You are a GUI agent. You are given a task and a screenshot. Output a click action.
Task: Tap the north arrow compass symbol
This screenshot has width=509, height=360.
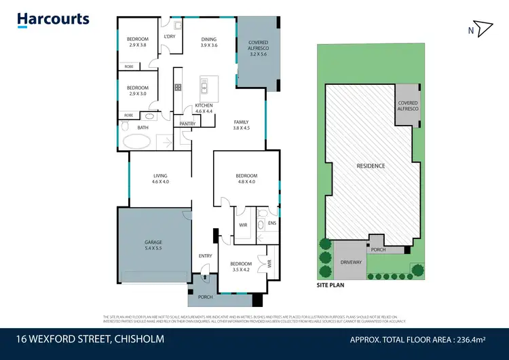coord(481,29)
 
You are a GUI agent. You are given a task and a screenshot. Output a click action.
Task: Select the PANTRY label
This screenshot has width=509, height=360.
coord(188,124)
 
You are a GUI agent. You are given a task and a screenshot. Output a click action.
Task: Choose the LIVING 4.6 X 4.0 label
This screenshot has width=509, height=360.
coord(160,178)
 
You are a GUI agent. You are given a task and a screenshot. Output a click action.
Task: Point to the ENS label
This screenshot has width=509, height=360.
coord(271,223)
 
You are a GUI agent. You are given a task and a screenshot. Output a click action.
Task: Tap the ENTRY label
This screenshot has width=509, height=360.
coord(205,255)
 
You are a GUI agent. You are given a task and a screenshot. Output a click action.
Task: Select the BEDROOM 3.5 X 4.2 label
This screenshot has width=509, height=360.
coord(241,267)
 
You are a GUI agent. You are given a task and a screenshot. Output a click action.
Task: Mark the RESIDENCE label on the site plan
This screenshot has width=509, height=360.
coord(371,166)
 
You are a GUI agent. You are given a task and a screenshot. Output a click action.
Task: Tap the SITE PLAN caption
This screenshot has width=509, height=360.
coord(331,285)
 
